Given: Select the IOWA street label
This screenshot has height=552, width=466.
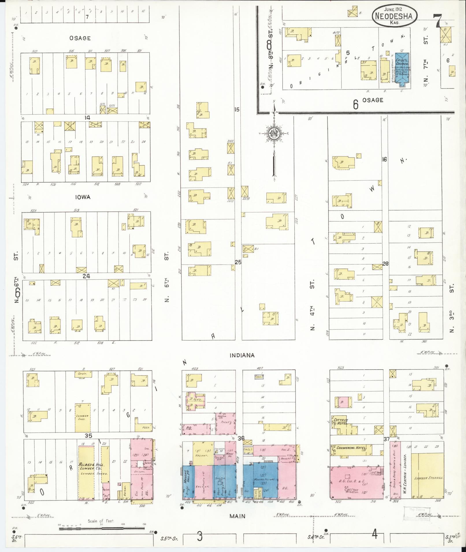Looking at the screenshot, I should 83,197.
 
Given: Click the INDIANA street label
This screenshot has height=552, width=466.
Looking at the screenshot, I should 242,355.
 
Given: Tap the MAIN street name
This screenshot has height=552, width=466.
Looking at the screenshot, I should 237,516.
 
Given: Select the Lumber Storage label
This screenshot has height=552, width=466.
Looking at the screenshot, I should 428,478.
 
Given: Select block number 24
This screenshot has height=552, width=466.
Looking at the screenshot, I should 86,276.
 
